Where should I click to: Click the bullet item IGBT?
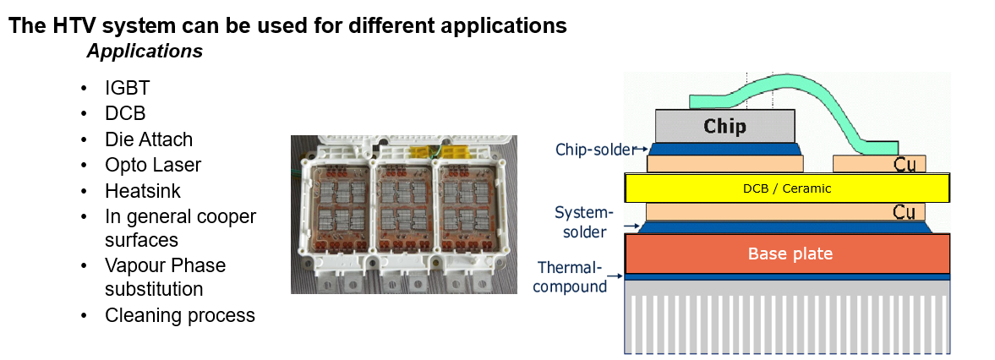click(x=128, y=88)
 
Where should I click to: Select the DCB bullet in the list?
click(x=125, y=113)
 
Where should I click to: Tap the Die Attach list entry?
click(x=149, y=139)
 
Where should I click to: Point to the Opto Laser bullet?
click(x=153, y=165)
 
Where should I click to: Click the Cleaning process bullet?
click(x=179, y=315)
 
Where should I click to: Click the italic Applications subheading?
click(x=144, y=51)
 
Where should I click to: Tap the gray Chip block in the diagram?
click(x=724, y=126)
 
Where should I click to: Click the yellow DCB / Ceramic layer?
click(x=786, y=188)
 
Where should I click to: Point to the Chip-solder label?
click(x=595, y=150)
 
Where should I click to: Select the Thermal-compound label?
click(x=573, y=276)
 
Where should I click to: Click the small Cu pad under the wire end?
click(x=879, y=163)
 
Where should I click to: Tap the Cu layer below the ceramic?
click(x=786, y=211)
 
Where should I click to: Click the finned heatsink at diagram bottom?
click(x=786, y=321)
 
